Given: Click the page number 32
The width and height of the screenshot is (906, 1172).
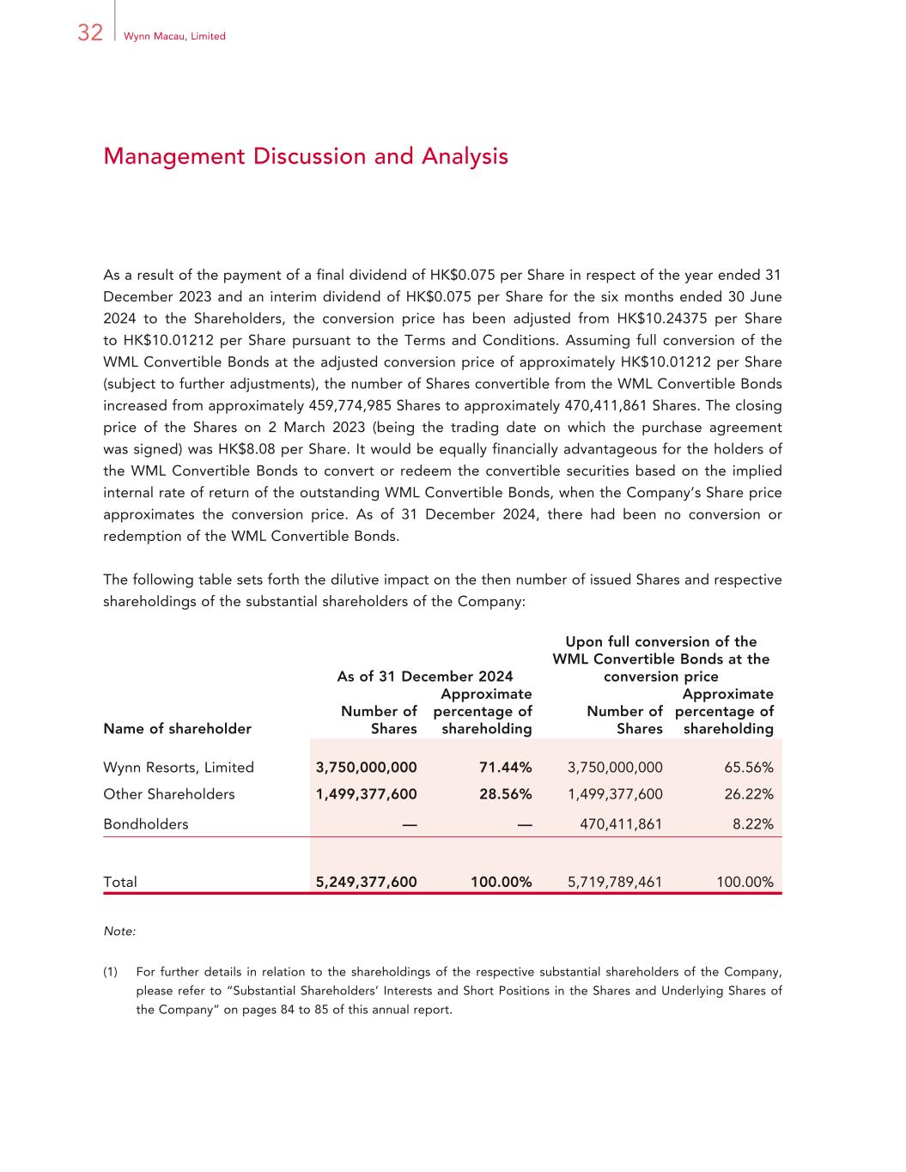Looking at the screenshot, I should pos(89,33).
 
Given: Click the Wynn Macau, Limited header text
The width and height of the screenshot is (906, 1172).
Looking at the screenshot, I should pos(174,36).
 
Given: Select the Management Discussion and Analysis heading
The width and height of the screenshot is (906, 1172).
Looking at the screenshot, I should pos(305,156).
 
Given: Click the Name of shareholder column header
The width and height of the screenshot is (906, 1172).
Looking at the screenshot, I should pos(177,729).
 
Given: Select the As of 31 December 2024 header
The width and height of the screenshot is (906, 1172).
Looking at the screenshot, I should pos(424,677).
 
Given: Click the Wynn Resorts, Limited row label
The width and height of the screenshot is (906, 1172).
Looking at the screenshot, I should pos(179,768).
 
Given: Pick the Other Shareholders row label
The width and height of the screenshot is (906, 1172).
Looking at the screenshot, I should pos(168,794).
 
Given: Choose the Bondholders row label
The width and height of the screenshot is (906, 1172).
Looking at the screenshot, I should pos(145,824).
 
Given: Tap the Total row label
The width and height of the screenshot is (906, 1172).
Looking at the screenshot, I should pos(120,882).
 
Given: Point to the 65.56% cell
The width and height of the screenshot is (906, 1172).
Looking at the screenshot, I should pos(749,768).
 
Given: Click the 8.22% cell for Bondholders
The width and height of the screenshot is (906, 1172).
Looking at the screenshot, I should pos(753,824).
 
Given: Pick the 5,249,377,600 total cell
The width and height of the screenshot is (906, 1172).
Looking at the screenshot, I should pos(366,882).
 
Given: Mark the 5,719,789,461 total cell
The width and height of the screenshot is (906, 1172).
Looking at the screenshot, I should pos(615,882).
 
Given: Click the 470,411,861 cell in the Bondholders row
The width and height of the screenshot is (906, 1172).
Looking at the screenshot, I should pos(621,824).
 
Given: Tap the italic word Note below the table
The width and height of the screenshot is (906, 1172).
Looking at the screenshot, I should pos(119,932).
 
